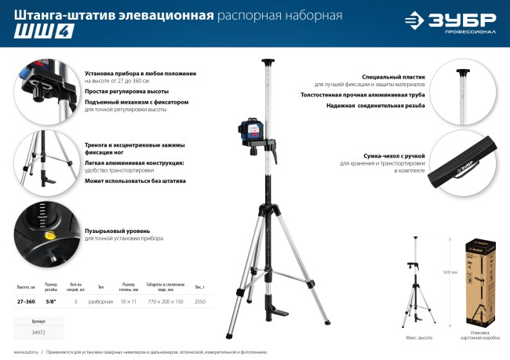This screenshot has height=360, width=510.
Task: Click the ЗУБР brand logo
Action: point(450,23)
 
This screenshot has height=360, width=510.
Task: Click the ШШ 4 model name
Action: point(32,33)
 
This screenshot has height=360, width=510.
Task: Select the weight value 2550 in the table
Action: point(199,301)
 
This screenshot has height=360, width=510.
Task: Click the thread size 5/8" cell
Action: point(51,301)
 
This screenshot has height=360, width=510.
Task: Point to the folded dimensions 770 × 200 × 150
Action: point(165,301)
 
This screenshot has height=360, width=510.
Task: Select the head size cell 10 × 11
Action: point(129,301)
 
